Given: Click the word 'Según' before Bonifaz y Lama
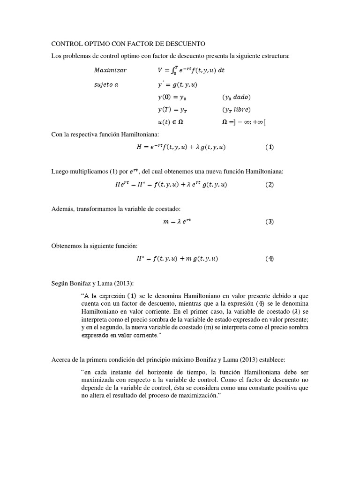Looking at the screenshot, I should (x=60, y=284).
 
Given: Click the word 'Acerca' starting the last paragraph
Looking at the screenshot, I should (x=62, y=359).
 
